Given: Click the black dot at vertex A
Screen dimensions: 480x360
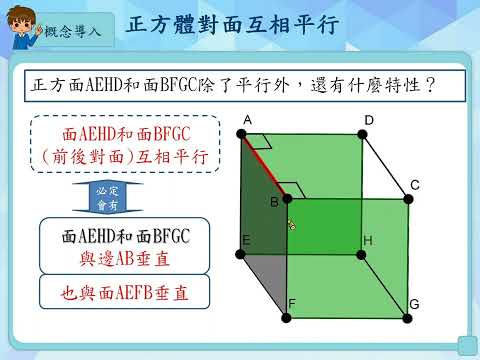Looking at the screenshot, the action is point(241,134).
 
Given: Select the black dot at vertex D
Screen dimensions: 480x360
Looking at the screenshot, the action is point(362,134).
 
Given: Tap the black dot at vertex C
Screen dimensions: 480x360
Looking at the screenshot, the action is point(408,199).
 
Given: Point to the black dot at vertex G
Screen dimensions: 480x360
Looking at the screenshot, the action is point(407,318).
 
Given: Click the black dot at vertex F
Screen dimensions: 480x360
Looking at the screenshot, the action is point(286,318).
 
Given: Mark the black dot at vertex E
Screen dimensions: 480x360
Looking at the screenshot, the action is point(240,254).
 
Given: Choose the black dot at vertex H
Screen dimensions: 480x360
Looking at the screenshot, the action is point(361,255).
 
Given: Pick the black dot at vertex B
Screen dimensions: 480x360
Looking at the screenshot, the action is point(287,199).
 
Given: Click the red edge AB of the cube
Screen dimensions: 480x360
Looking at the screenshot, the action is point(264,167).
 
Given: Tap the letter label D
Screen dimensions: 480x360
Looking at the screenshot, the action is point(369,120).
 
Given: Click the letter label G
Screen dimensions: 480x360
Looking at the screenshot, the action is point(414,304).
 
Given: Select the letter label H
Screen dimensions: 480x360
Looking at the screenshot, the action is point(368,240).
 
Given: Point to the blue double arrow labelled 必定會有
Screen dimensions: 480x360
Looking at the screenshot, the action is point(108,198).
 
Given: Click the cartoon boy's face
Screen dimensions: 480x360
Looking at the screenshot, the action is point(22,25).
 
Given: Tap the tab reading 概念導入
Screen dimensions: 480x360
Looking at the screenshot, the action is point(73,31).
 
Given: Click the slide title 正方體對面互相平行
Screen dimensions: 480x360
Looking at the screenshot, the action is point(232,24).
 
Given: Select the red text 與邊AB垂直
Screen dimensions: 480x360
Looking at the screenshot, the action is point(125,259).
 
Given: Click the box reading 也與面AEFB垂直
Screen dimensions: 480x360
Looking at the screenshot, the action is point(124,292).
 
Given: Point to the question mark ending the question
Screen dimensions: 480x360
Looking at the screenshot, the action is point(430,85).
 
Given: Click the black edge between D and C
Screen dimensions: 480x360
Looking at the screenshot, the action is point(385,167).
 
